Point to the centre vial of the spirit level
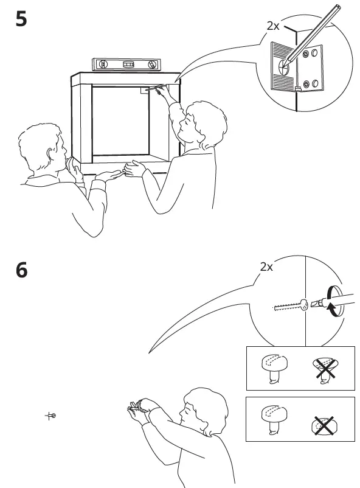128,63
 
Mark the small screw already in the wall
51,416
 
